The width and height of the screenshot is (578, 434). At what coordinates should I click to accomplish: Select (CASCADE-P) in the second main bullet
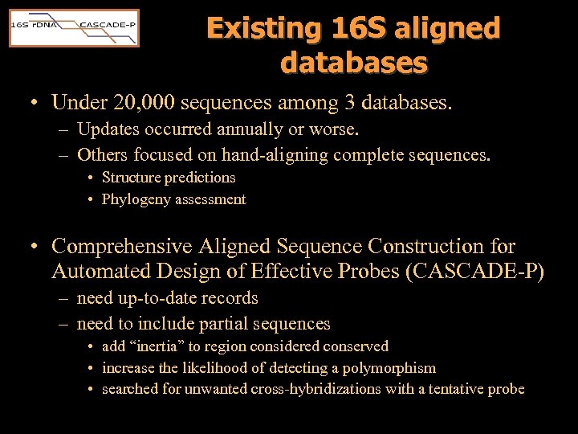[x=476, y=272]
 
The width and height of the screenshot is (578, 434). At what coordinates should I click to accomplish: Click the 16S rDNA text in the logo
[x=31, y=25]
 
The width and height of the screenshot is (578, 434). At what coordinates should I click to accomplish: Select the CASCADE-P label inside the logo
[x=108, y=25]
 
